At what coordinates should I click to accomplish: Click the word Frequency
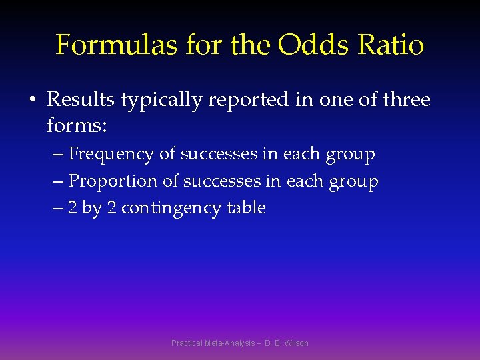click(111, 155)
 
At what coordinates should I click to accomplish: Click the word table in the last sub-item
click(246, 208)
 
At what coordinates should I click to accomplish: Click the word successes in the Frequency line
click(217, 154)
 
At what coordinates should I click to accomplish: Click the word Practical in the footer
click(187, 343)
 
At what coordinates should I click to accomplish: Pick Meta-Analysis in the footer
click(230, 343)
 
